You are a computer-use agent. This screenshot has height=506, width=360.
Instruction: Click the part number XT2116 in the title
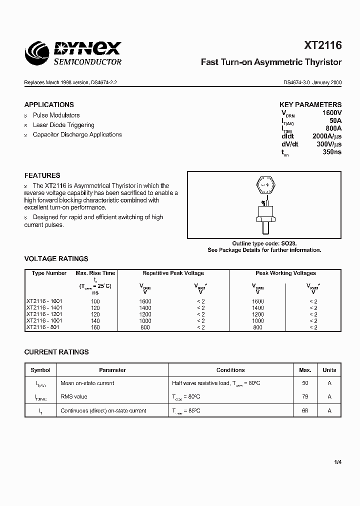pyautogui.click(x=323, y=45)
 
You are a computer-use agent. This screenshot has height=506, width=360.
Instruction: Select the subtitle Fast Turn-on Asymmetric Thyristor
pyautogui.click(x=271, y=62)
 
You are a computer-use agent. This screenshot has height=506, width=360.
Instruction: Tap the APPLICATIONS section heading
pyautogui.click(x=49, y=104)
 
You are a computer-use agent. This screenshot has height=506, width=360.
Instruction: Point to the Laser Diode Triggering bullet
pyautogui.click(x=63, y=125)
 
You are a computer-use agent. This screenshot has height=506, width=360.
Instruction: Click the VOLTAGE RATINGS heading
pyautogui.click(x=56, y=258)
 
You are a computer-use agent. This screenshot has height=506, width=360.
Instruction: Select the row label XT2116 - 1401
pyautogui.click(x=44, y=308)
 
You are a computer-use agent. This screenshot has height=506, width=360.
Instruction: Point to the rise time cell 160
pyautogui.click(x=95, y=327)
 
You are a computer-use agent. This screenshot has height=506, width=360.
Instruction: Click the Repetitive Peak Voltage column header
pyautogui.click(x=173, y=273)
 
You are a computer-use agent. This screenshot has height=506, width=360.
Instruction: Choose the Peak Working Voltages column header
pyautogui.click(x=285, y=273)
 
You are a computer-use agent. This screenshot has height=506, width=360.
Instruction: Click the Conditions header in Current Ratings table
pyautogui.click(x=230, y=370)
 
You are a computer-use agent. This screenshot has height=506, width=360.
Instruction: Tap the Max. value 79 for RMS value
pyautogui.click(x=305, y=396)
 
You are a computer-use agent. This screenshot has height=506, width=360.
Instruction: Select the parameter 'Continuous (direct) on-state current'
pyautogui.click(x=103, y=410)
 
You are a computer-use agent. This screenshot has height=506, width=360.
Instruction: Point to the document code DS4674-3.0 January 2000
pyautogui.click(x=312, y=83)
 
